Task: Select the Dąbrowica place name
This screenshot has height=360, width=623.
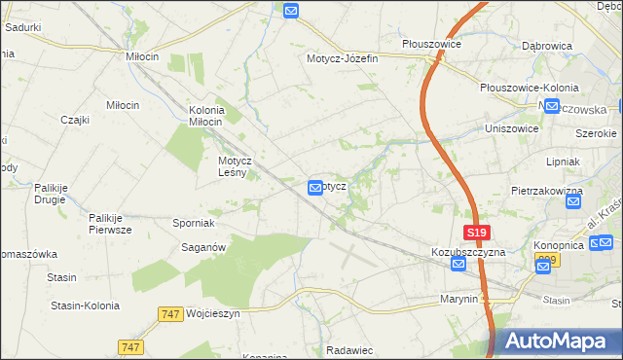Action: pyautogui.click(x=546, y=45)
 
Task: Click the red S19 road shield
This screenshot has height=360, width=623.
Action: pyautogui.click(x=476, y=234)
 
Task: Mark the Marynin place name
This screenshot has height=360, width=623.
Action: pyautogui.click(x=458, y=299)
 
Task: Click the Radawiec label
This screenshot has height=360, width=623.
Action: pyautogui.click(x=351, y=349)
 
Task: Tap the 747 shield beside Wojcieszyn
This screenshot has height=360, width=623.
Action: pyautogui.click(x=169, y=314)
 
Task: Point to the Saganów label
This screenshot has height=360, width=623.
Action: pyautogui.click(x=204, y=248)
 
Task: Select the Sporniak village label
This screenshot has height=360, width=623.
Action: pyautogui.click(x=194, y=223)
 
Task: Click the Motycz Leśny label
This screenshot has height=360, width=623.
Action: pyautogui.click(x=236, y=166)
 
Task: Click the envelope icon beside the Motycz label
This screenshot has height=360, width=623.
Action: pyautogui.click(x=315, y=187)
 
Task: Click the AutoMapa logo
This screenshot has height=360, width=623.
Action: pyautogui.click(x=556, y=341)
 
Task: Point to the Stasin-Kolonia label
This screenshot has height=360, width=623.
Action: pyautogui.click(x=85, y=306)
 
